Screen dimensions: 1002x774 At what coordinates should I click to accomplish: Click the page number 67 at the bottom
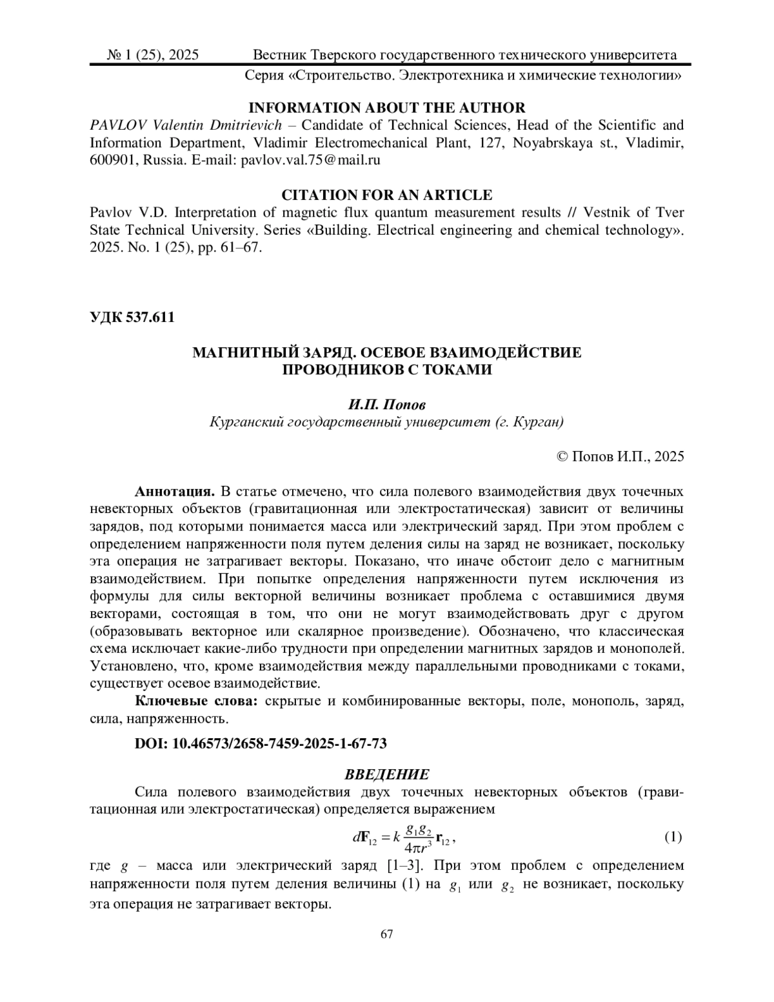point(387,934)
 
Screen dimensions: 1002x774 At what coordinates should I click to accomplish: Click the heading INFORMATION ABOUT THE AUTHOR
point(387,108)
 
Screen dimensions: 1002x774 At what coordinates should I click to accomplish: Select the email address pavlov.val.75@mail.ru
point(310,160)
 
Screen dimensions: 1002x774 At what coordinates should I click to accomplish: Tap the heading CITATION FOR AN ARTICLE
point(387,195)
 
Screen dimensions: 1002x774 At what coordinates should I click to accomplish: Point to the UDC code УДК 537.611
point(132,317)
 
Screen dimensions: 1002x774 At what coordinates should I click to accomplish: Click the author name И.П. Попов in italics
point(387,405)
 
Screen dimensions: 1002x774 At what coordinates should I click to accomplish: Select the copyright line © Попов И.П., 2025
point(619,456)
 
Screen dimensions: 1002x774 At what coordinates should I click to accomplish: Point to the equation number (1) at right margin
point(673,837)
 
